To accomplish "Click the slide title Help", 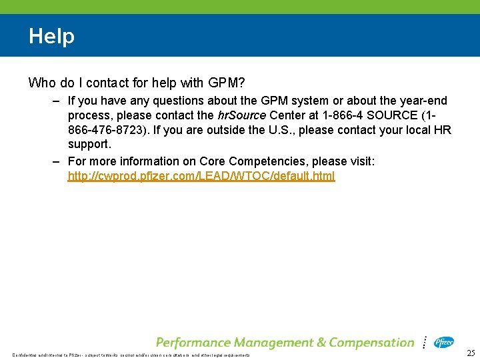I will (x=51, y=36).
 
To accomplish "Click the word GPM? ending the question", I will (x=226, y=83).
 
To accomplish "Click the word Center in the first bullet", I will (x=287, y=115).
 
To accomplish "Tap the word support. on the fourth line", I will (x=89, y=144).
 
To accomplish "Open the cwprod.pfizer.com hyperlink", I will (x=201, y=176).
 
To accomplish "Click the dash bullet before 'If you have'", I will (x=58, y=101).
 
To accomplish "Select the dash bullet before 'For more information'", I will (x=58, y=161).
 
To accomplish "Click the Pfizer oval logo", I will (x=444, y=342).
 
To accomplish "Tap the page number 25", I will (x=471, y=353).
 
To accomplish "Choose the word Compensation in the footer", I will (x=371, y=343).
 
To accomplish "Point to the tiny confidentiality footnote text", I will (x=131, y=355).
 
